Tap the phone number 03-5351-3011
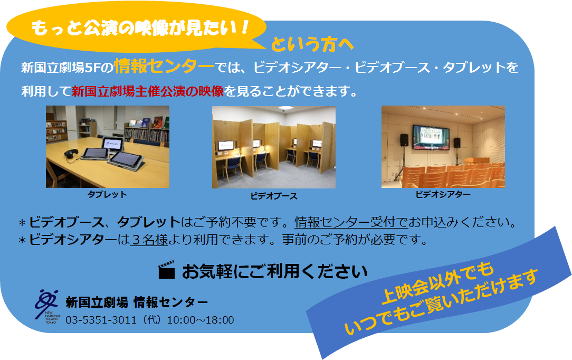(x=101, y=320)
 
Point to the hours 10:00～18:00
(x=201, y=320)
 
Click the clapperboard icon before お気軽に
(x=166, y=270)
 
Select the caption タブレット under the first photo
(x=107, y=194)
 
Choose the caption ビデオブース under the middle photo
(x=274, y=196)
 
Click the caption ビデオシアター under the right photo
(x=443, y=194)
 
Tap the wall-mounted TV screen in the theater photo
(x=431, y=137)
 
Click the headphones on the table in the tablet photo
(x=71, y=154)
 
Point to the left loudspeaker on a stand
(x=404, y=140)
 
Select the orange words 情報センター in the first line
(x=164, y=67)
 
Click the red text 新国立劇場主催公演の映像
(x=148, y=91)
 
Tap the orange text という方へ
(x=312, y=44)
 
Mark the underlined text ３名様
(x=149, y=240)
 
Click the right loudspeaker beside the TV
(x=457, y=143)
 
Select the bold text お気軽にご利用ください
(x=275, y=271)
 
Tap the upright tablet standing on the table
(x=112, y=144)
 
